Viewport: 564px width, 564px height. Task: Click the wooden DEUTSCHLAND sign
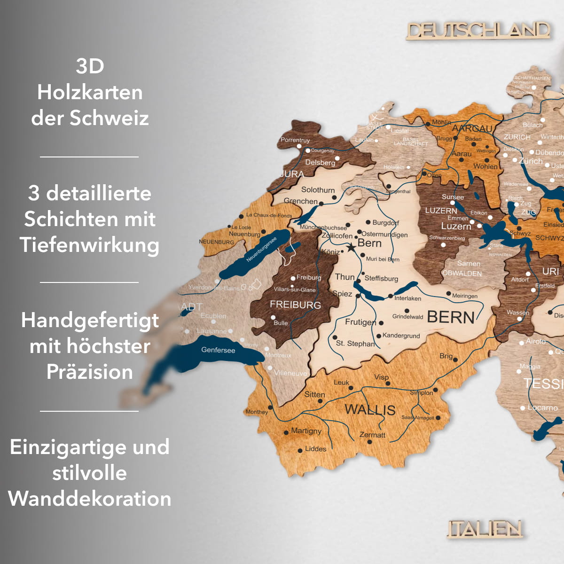coord(478,31)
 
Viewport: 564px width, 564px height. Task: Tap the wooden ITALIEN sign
coord(485,529)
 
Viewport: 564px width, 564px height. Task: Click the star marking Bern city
coord(351,247)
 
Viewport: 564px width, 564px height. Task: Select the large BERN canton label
coord(451,318)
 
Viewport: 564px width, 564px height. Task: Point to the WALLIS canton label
coord(370,409)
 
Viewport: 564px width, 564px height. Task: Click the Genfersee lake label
coord(218,350)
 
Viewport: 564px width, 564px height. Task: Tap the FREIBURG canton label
coord(295,305)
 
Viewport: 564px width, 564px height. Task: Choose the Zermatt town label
coord(372,435)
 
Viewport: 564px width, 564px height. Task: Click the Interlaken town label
coord(407,298)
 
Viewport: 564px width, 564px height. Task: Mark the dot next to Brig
coord(456,360)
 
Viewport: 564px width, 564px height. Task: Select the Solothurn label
coord(318,190)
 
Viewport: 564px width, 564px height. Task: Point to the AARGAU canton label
coord(472,129)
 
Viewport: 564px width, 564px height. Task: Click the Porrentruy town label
coord(295,140)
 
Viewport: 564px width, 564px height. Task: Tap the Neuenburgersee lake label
coord(261,249)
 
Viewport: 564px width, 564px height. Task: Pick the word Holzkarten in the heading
coord(90,92)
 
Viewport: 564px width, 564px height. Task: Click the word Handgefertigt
coord(90,321)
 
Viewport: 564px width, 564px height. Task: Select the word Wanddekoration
coord(90,499)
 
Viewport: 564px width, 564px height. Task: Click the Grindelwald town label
coord(407,317)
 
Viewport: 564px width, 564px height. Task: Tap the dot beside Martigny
coord(286,432)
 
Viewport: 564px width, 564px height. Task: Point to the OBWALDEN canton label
coord(462,274)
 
